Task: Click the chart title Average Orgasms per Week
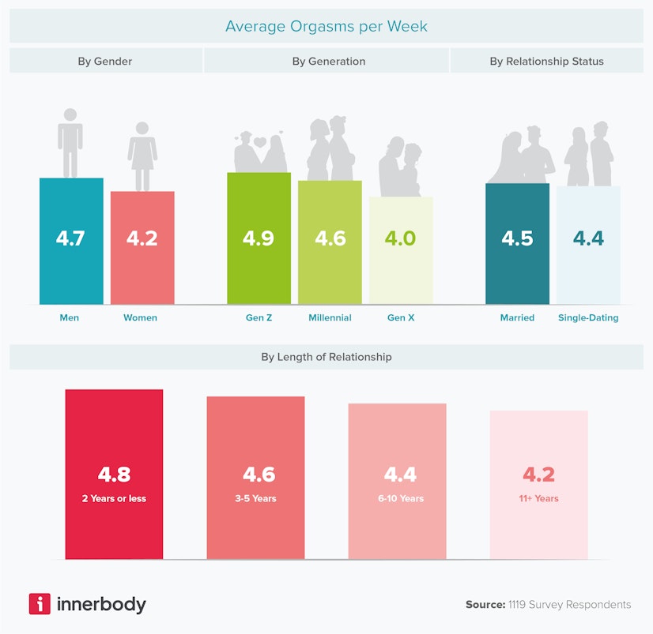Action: (326, 26)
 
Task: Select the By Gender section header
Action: (104, 61)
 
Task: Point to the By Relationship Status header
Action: (546, 61)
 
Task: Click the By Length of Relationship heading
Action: (326, 357)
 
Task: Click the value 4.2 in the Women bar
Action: (142, 238)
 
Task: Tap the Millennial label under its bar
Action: (330, 317)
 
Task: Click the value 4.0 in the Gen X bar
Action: (400, 238)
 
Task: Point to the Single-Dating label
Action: (587, 317)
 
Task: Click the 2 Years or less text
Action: (114, 498)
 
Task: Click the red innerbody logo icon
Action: (40, 604)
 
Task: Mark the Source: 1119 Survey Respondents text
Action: (548, 604)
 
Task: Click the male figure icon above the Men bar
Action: (70, 143)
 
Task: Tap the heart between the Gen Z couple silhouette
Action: (259, 143)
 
